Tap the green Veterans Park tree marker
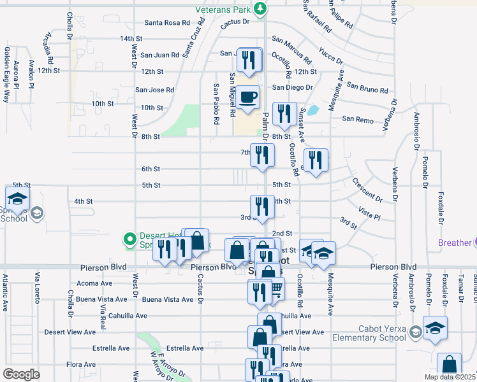260,8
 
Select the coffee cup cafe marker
249,97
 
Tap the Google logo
22,374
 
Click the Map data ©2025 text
450,377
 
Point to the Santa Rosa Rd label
167,22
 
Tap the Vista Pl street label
369,213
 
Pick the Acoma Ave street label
94,283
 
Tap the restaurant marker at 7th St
262,155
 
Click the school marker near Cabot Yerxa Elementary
436,328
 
